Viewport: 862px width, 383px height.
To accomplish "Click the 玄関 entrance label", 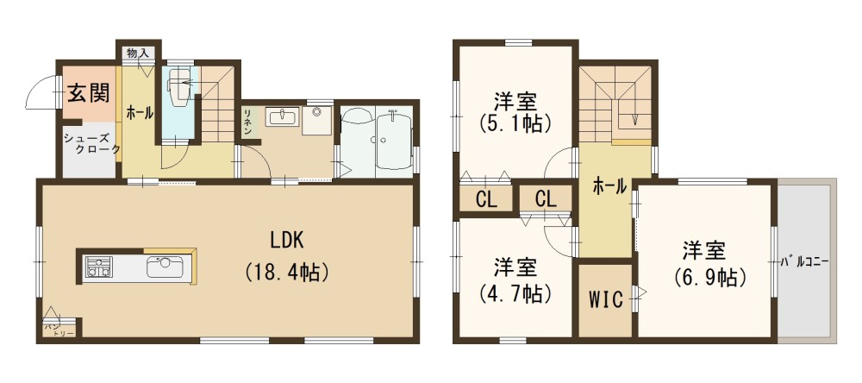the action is tap(87, 93).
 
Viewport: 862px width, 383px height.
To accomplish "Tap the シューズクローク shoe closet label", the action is tap(91, 143).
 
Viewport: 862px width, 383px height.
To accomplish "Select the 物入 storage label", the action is tap(137, 53).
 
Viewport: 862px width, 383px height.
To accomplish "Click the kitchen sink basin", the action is tap(165, 268).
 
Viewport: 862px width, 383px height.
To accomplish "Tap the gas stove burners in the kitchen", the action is tap(98, 267).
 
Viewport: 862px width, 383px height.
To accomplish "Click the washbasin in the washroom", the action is tap(282, 117).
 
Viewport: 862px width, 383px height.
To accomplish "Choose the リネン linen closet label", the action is tap(247, 122).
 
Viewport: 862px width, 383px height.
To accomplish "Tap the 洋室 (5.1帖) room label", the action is tap(515, 113).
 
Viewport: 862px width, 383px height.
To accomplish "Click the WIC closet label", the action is tap(606, 300).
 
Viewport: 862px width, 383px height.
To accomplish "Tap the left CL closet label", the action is tap(486, 199).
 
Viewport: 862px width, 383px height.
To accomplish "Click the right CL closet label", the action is tap(547, 199).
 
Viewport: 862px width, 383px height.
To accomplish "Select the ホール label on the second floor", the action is tap(609, 188).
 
